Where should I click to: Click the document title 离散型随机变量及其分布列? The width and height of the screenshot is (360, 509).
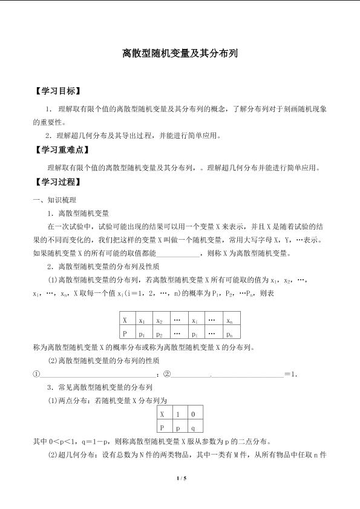180,53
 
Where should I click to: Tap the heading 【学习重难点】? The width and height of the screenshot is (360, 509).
62,149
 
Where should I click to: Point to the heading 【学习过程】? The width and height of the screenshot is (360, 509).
57,182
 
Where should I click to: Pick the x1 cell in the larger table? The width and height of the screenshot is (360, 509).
142,320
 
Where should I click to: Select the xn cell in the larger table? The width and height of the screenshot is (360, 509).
229,320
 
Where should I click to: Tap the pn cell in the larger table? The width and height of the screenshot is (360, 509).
229,333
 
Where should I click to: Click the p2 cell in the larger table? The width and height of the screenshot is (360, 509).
160,333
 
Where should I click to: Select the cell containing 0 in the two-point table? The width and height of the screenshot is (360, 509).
193,414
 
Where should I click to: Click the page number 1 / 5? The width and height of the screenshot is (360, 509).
180,479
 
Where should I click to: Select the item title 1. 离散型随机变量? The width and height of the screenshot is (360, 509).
78,213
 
